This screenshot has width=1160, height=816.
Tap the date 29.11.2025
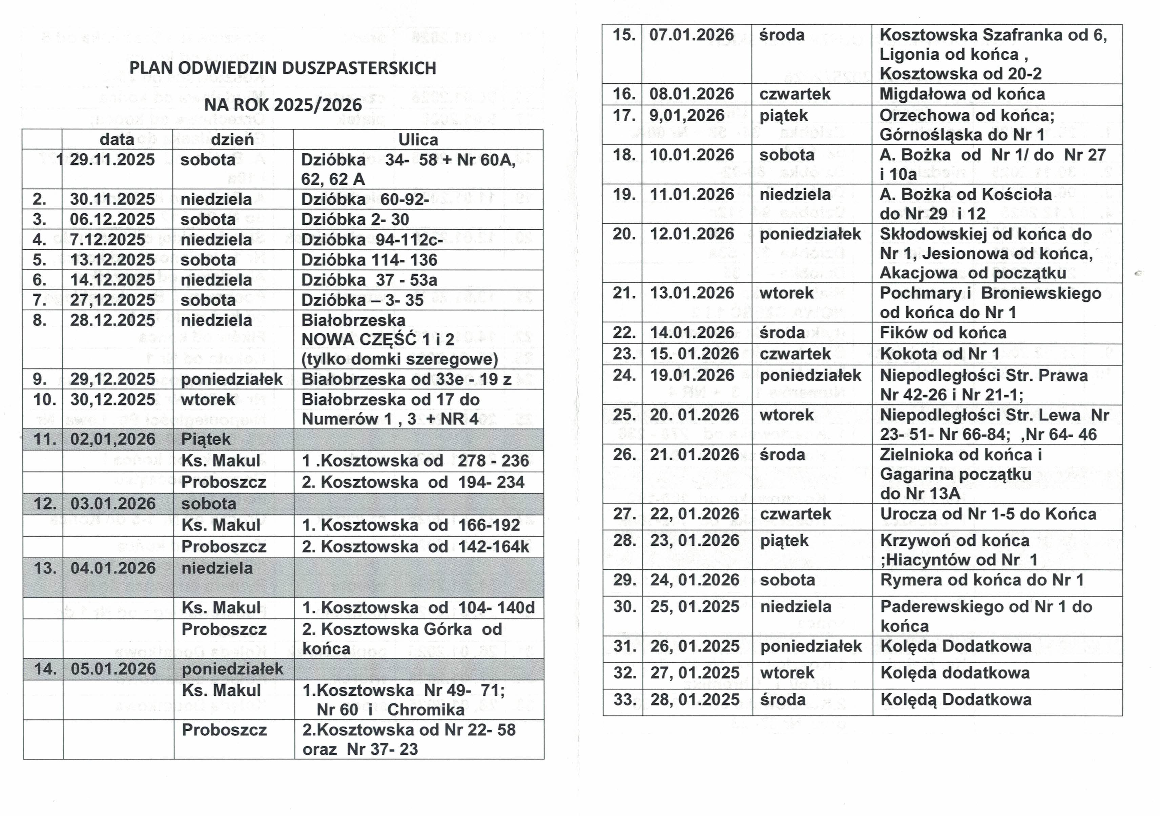coord(112,160)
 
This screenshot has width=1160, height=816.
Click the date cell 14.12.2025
coord(112,280)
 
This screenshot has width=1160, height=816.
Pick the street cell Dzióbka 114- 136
coord(369,260)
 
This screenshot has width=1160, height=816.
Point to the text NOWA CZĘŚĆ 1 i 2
coord(377,339)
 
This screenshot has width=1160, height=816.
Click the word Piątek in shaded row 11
coord(206,439)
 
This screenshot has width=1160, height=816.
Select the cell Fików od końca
coord(943,332)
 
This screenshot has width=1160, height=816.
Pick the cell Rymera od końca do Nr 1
coord(982,580)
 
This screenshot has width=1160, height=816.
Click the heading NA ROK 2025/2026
coord(283,105)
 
